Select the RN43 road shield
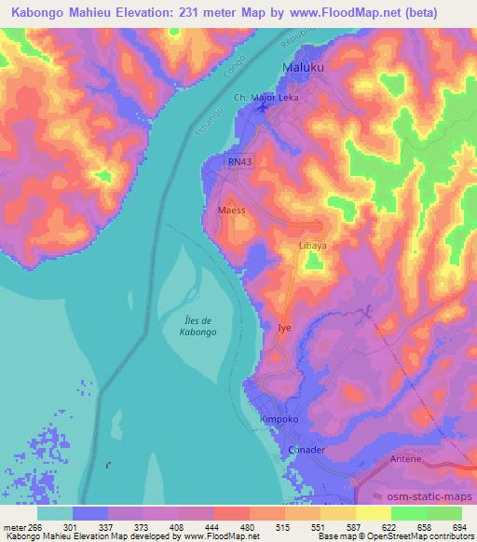(239, 161)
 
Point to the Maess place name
(231, 210)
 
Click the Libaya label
(312, 246)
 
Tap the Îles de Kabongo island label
(196, 326)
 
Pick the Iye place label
(285, 328)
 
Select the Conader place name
(307, 450)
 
